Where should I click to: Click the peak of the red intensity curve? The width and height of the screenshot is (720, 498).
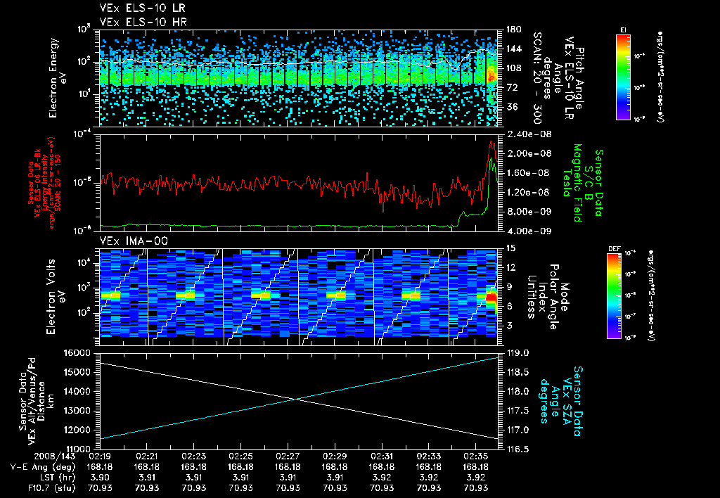pos(491,141)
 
